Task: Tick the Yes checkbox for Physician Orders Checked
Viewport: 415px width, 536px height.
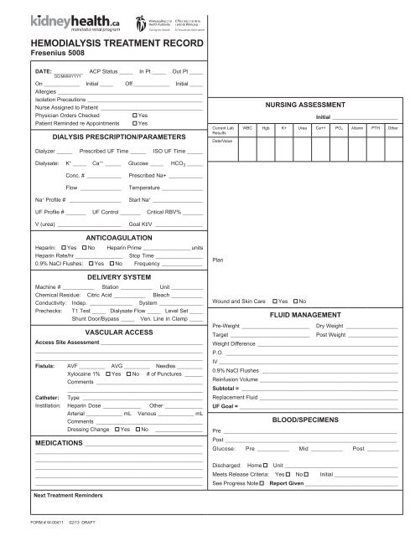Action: point(135,115)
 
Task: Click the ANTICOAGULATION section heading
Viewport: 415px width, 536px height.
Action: point(112,238)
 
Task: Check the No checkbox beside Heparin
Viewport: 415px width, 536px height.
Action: point(84,249)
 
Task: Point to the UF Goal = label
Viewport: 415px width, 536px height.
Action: point(227,404)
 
